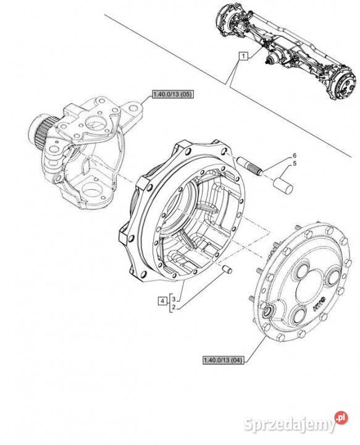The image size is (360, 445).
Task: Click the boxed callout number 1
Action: point(243,56)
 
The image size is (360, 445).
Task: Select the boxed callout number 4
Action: point(162,300)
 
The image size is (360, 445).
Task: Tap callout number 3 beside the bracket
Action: point(174,299)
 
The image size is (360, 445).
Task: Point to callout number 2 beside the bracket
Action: point(174,307)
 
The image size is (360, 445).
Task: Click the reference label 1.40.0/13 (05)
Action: point(173,95)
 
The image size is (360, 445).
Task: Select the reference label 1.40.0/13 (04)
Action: point(224,360)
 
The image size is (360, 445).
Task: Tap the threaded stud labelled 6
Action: point(251,166)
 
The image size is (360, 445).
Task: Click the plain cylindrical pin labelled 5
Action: point(283,185)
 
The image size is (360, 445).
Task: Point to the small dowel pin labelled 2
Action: point(227,269)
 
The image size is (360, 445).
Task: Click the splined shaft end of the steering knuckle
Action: point(40,130)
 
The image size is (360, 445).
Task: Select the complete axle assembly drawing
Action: point(285,53)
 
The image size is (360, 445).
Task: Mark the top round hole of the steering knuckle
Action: point(96,124)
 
